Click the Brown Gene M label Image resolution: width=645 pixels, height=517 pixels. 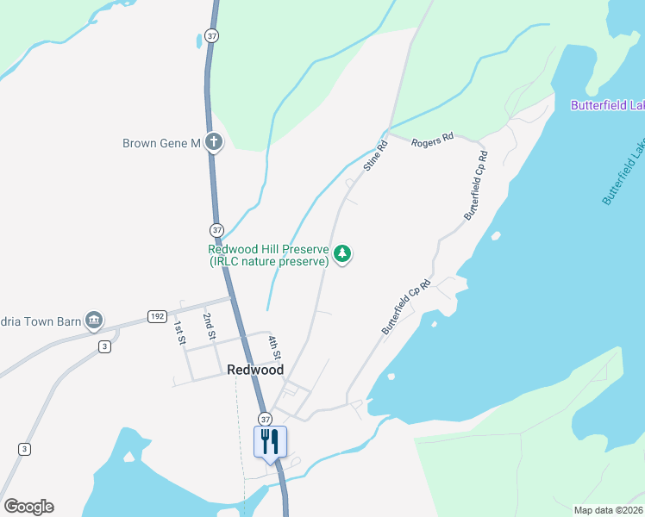(x=161, y=143)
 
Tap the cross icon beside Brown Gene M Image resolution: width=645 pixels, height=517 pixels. (x=213, y=143)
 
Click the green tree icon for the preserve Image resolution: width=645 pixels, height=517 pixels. (x=343, y=254)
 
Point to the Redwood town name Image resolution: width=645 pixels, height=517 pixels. (x=255, y=370)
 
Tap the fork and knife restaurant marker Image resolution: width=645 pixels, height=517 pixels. (x=270, y=441)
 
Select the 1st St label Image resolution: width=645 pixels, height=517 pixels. (x=180, y=333)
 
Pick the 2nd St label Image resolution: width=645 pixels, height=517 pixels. (x=209, y=327)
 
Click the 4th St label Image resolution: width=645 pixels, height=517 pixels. (x=273, y=346)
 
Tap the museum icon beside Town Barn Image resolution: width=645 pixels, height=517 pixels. (x=94, y=322)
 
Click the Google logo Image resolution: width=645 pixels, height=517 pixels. (x=29, y=507)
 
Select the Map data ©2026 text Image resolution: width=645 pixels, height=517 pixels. (x=608, y=510)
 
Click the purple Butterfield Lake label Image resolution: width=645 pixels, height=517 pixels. (x=607, y=106)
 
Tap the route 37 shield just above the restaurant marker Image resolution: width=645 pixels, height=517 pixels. (x=264, y=417)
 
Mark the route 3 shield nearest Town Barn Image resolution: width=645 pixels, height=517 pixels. (x=103, y=346)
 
